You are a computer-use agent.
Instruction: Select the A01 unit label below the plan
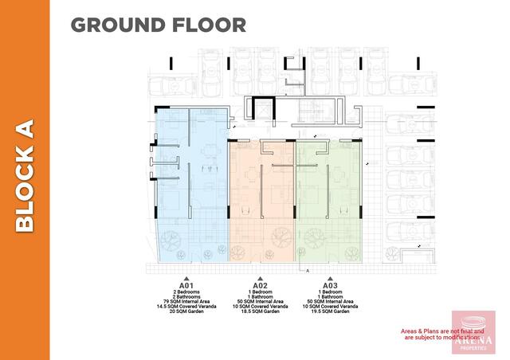[x=186, y=285]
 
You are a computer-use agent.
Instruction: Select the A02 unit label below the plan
[x=260, y=285]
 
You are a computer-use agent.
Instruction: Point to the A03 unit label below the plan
[x=330, y=285]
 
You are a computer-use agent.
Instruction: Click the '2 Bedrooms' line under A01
[x=186, y=292]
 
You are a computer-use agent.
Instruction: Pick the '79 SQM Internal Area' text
[x=186, y=302]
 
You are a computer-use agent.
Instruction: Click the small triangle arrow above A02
[x=260, y=278]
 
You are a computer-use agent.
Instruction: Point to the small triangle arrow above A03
[x=330, y=278]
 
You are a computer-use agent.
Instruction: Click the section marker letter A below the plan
[x=308, y=271]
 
